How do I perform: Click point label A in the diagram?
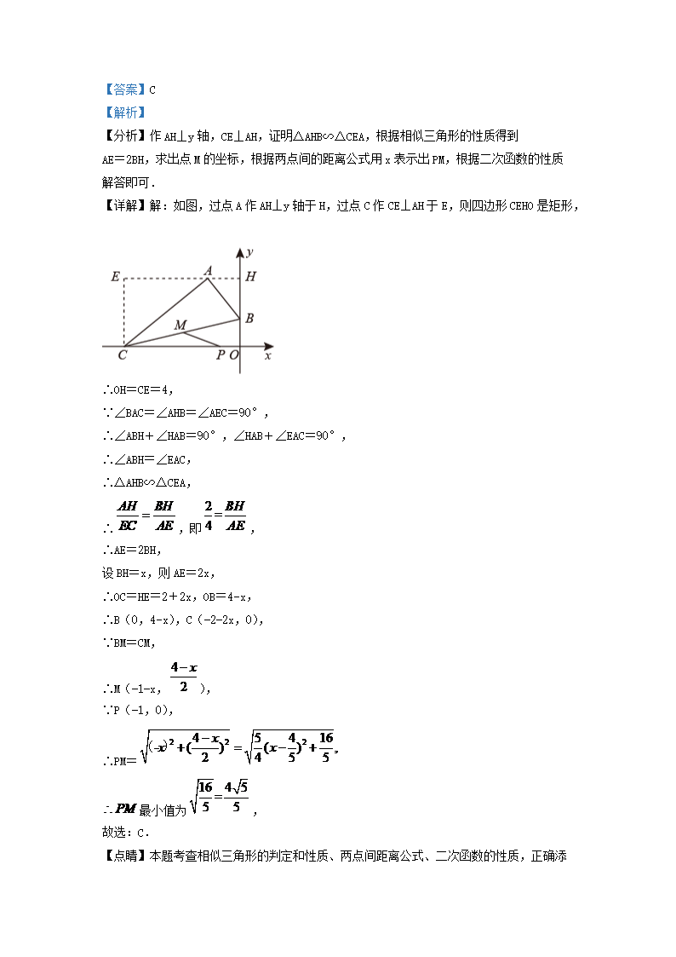pyautogui.click(x=208, y=271)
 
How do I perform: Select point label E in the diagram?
pyautogui.click(x=115, y=276)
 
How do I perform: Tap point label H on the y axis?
pyautogui.click(x=249, y=276)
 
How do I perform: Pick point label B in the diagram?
pyautogui.click(x=249, y=318)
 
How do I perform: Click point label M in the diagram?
pyautogui.click(x=180, y=325)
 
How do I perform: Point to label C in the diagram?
pyautogui.click(x=123, y=355)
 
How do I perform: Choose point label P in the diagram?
pyautogui.click(x=220, y=355)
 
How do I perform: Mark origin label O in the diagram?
pyautogui.click(x=233, y=355)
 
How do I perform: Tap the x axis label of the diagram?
pyautogui.click(x=267, y=355)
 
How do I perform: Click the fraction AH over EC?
pyautogui.click(x=134, y=516)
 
